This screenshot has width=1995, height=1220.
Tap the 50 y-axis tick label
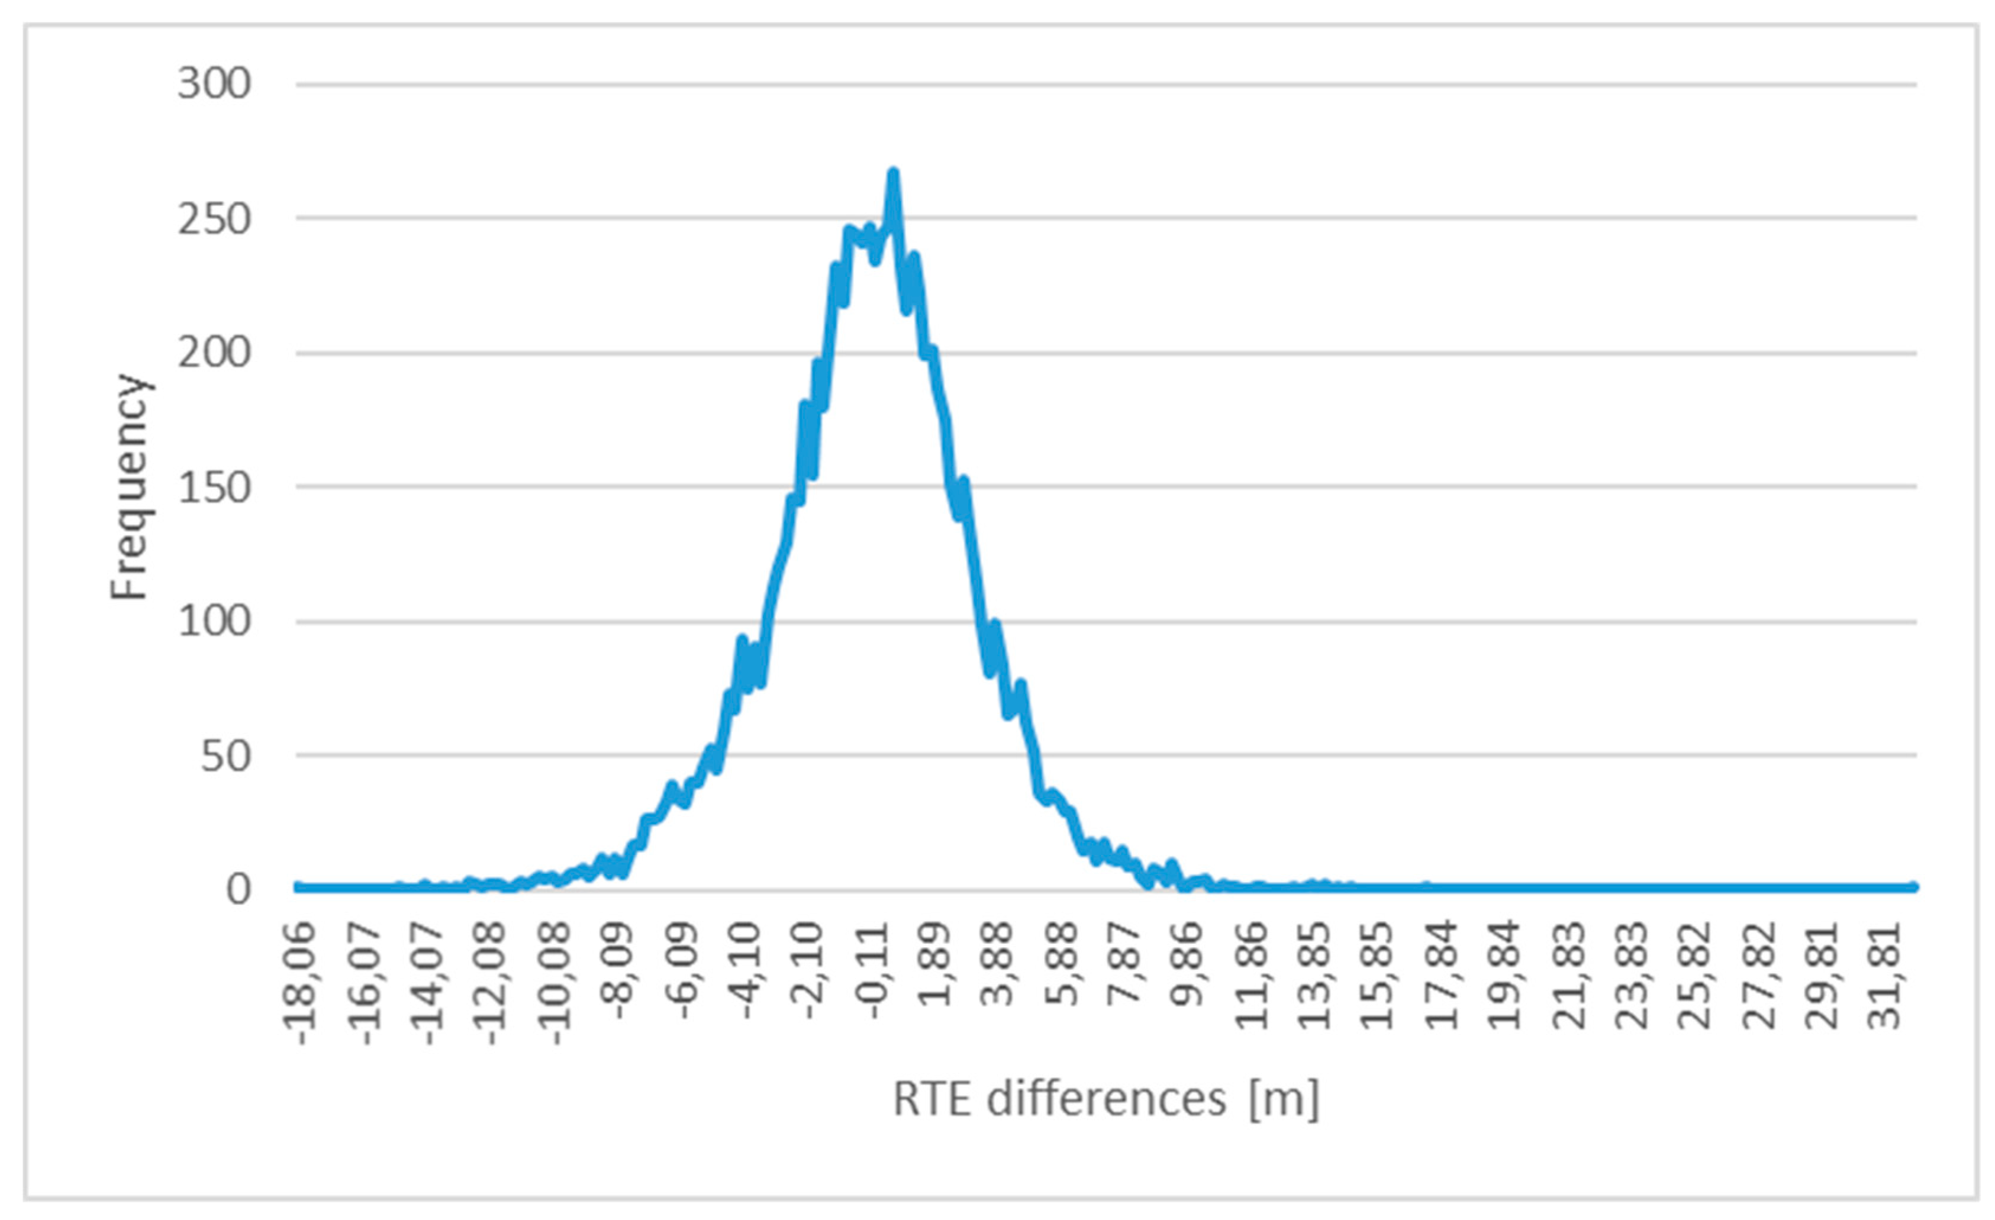tap(226, 757)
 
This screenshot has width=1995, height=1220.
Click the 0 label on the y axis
tap(238, 890)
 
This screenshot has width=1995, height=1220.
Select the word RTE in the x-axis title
tap(931, 1100)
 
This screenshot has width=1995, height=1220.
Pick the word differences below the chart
tap(1106, 1100)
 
